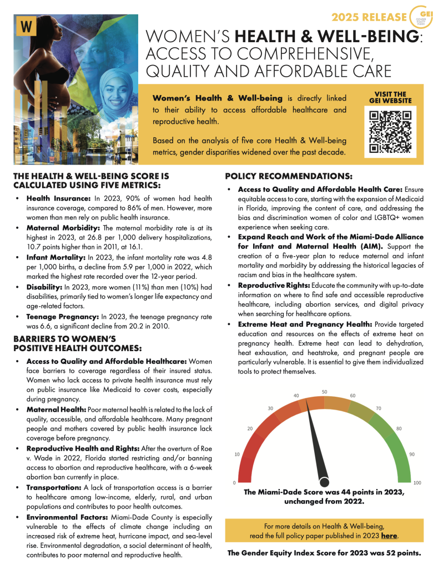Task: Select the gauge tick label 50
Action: pyautogui.click(x=324, y=392)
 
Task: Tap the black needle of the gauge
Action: pyautogui.click(x=318, y=445)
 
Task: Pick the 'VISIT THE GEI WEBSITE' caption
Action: pyautogui.click(x=390, y=97)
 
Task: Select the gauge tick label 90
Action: pyautogui.click(x=412, y=454)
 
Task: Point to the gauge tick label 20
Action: pyautogui.click(x=250, y=428)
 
